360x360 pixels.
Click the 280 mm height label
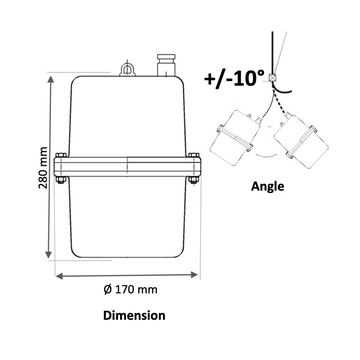[44, 167]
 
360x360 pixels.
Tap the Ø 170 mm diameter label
[130, 289]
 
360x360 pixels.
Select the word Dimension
[134, 315]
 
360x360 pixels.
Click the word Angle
[268, 186]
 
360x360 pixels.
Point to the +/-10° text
[234, 79]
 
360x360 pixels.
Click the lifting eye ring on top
[127, 69]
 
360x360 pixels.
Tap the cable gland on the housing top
[166, 65]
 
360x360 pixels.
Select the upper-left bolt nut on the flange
[61, 155]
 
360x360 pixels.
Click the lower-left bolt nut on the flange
[61, 180]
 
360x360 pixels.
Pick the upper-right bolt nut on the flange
[194, 155]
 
